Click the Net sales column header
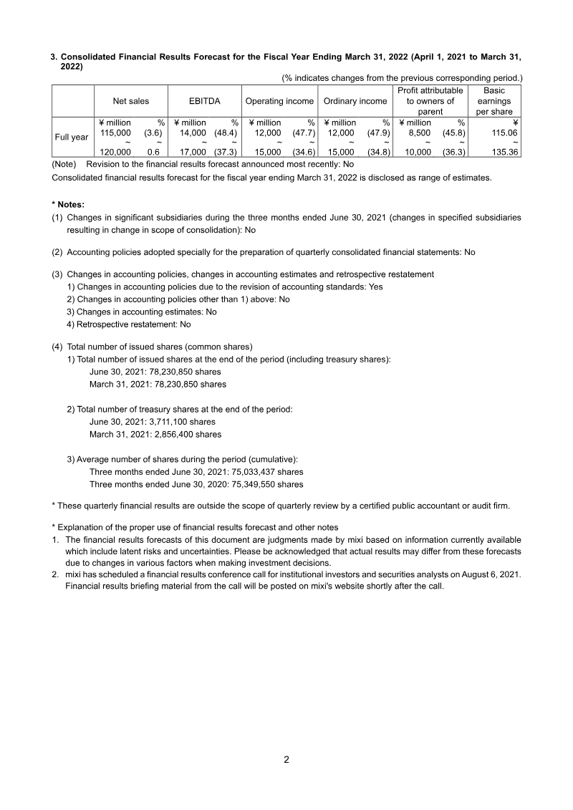[x=131, y=101]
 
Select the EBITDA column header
[x=204, y=101]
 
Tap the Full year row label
[x=72, y=137]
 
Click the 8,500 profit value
[x=418, y=132]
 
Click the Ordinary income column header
[x=355, y=101]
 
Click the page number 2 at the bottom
[x=286, y=760]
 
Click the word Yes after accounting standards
[x=375, y=286]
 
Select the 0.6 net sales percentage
[x=153, y=152]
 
